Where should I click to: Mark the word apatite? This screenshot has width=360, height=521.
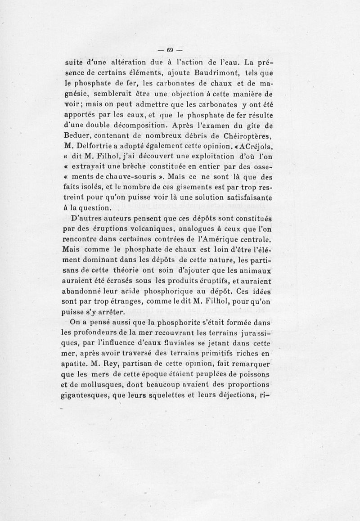pos(74,364)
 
